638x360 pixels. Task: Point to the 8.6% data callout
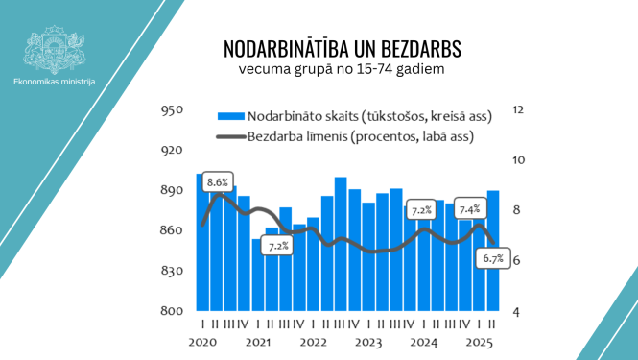[x=218, y=181]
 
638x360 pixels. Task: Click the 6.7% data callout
[x=493, y=258]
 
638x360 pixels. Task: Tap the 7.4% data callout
[x=470, y=208]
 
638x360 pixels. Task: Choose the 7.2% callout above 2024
[x=421, y=209]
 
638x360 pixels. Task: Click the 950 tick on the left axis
[x=171, y=110]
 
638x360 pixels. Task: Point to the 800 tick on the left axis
[x=171, y=312]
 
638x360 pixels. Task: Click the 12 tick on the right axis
[x=519, y=110]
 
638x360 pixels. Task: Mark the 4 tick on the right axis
[x=517, y=312]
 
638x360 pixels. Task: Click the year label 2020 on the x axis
[x=201, y=342]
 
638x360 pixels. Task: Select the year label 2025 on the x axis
[x=478, y=342]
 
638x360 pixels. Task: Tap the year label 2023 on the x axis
[x=367, y=342]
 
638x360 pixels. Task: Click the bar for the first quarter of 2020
[x=201, y=240]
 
